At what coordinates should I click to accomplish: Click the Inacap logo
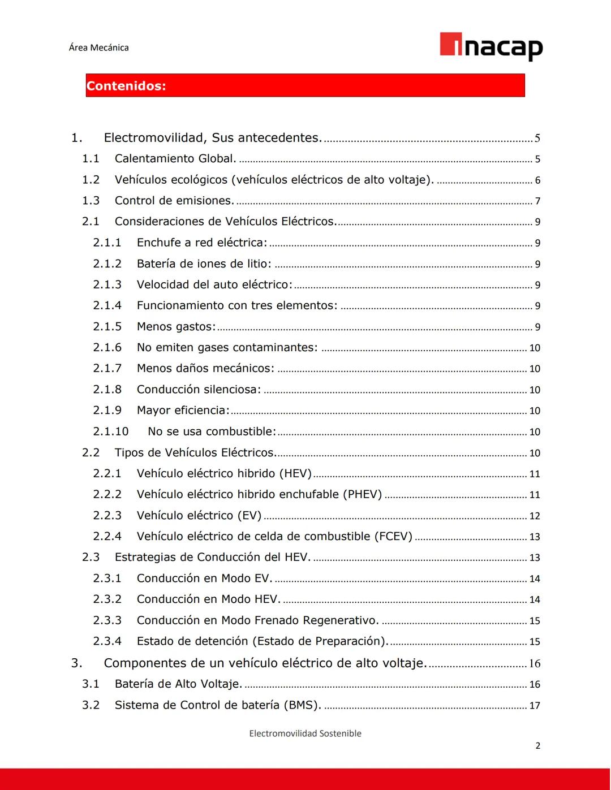point(491,46)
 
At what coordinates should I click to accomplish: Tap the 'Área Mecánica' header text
point(98,48)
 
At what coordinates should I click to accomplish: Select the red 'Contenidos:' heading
point(126,86)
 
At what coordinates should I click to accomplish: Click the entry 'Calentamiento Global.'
point(175,159)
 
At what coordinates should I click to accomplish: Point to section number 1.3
point(91,201)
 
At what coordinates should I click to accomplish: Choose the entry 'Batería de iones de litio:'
point(204,264)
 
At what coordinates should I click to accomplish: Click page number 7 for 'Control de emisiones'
point(537,201)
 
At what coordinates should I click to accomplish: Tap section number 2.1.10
point(111,431)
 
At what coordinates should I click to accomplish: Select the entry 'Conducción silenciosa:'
point(199,390)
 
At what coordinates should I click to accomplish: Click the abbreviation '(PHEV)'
point(362,494)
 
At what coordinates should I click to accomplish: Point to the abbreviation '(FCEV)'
point(393,536)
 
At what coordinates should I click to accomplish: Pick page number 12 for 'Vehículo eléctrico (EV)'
point(535,516)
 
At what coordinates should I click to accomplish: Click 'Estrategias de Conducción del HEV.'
point(213,557)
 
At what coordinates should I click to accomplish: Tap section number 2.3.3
point(107,620)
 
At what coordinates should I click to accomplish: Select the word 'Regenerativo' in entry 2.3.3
point(341,620)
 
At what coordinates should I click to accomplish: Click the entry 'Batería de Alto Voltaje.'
point(178,684)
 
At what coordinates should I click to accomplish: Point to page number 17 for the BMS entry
point(535,706)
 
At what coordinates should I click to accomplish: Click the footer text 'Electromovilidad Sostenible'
point(305,733)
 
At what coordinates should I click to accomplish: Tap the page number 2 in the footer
point(537,746)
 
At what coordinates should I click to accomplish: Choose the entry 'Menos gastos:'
point(176,327)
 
